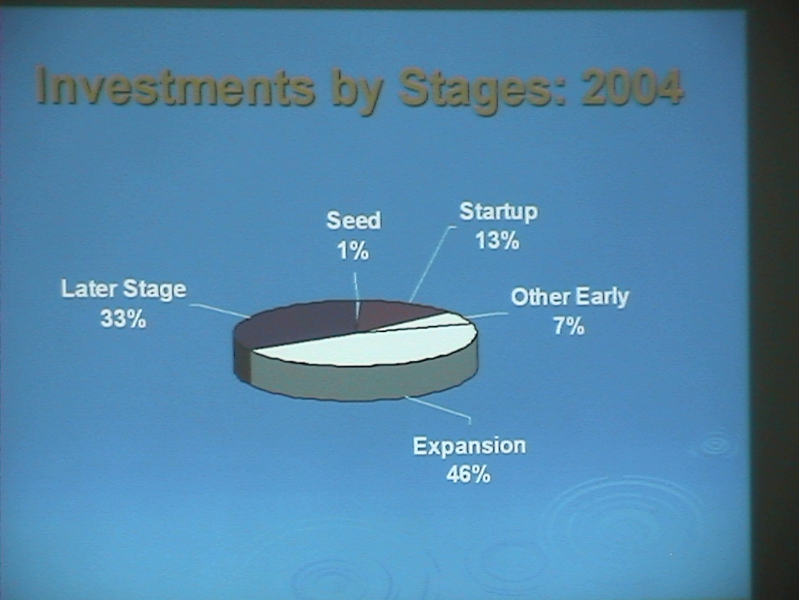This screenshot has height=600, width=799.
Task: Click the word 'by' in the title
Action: point(357,91)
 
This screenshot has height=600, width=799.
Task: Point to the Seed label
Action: point(353,220)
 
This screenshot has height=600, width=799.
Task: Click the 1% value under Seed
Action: point(353,251)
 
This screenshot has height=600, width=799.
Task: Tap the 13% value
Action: point(497,241)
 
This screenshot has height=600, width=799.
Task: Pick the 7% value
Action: point(569,326)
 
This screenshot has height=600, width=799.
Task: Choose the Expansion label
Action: point(469,446)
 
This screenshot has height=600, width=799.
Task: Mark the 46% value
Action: point(468,474)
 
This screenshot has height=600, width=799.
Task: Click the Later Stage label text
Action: point(124,290)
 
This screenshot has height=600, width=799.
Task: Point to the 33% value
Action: point(123,320)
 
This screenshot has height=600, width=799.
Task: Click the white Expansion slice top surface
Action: point(367,346)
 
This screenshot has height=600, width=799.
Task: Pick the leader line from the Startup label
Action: point(431,264)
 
